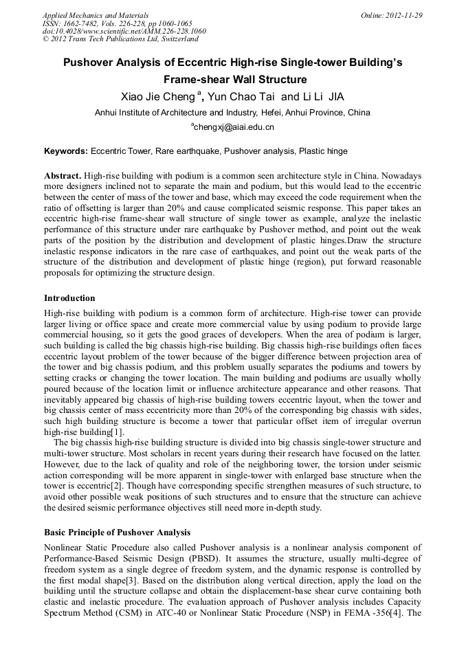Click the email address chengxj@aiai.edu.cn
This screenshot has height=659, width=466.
pos(233,127)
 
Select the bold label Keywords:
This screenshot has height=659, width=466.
pos(66,150)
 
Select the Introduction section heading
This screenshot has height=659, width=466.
pos(69,298)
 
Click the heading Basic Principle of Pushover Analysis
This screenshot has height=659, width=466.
pos(118,533)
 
